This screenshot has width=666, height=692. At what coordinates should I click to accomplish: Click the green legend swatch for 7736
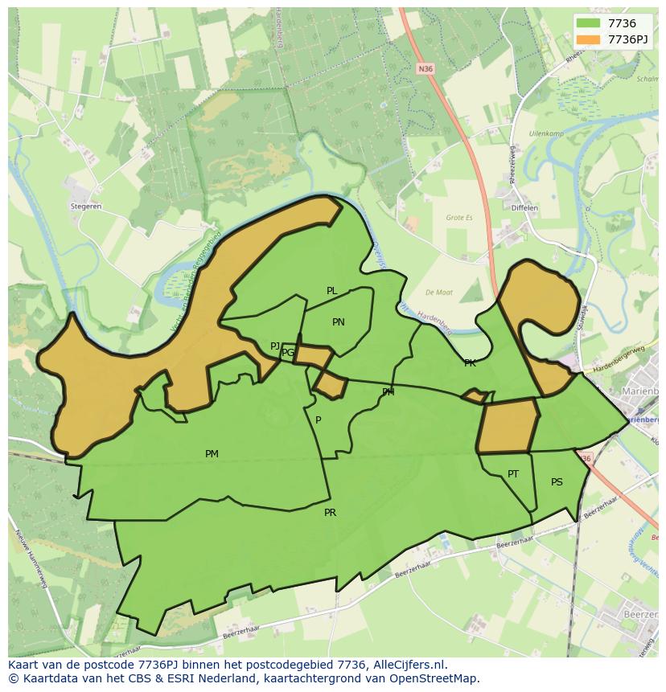click(x=589, y=23)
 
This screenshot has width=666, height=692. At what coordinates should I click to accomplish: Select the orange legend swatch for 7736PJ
click(x=589, y=39)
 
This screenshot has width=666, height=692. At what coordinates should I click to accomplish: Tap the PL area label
click(x=331, y=291)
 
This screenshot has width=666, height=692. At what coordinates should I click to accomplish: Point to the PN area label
click(x=339, y=322)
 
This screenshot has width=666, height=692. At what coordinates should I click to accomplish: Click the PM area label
click(x=212, y=454)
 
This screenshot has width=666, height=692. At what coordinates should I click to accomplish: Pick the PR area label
click(x=330, y=513)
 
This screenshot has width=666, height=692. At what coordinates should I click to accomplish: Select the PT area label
click(x=513, y=474)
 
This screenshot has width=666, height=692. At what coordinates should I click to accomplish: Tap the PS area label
click(x=557, y=482)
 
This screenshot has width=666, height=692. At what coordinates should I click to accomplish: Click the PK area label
click(x=470, y=363)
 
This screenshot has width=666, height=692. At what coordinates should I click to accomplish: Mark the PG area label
click(x=288, y=353)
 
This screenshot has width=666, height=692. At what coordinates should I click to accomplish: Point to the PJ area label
click(x=275, y=346)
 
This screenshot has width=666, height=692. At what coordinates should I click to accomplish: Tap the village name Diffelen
click(x=524, y=208)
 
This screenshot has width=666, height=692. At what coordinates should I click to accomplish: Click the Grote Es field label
click(x=459, y=218)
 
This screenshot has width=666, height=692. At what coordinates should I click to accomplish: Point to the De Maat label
click(x=439, y=293)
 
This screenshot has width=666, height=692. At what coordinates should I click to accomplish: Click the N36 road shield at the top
click(x=425, y=69)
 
